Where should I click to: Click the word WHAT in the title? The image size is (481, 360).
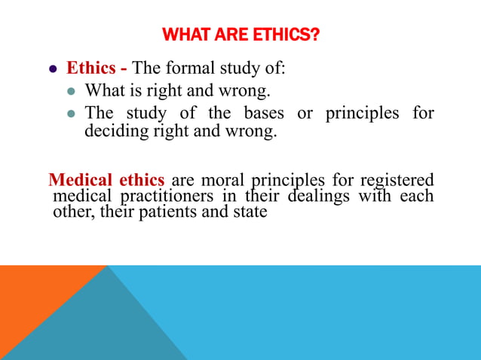tap(184, 35)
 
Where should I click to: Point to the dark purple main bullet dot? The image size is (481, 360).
tap(53, 69)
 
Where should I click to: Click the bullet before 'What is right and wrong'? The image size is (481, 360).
tap(72, 92)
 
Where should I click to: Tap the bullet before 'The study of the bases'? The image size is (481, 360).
tap(72, 114)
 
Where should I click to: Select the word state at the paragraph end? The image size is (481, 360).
tap(250, 212)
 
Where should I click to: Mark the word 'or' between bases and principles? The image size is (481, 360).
tap(305, 114)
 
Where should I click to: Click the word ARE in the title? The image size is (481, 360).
tap(229, 35)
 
